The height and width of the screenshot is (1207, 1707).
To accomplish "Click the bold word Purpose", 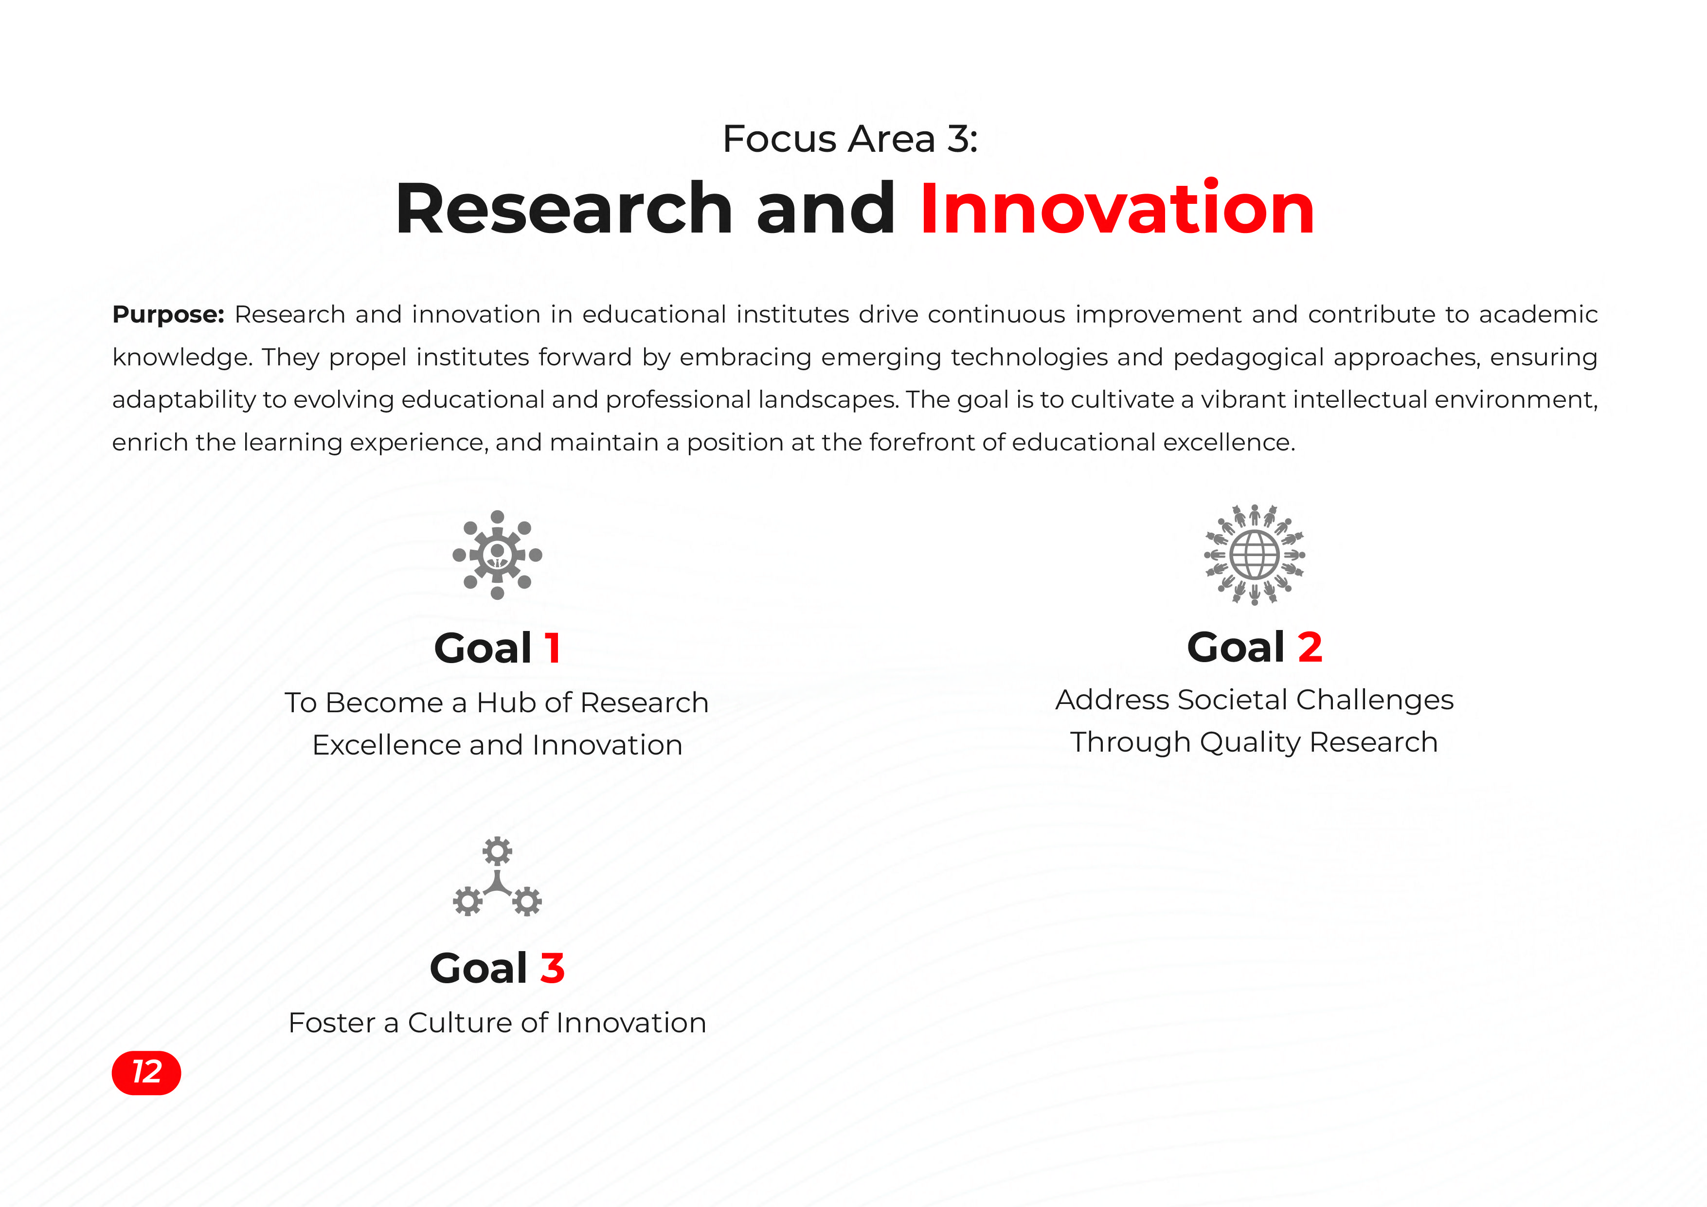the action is (x=168, y=315).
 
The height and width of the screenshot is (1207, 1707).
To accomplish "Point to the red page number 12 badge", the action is (x=146, y=1072).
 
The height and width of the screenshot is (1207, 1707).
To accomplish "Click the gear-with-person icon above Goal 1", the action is (x=497, y=555).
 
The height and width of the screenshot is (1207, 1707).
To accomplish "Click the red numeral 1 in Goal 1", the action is (x=552, y=648).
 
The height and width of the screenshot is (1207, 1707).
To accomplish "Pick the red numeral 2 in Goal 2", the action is (x=1310, y=647).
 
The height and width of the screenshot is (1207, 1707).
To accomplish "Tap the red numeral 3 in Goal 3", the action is (x=553, y=968).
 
